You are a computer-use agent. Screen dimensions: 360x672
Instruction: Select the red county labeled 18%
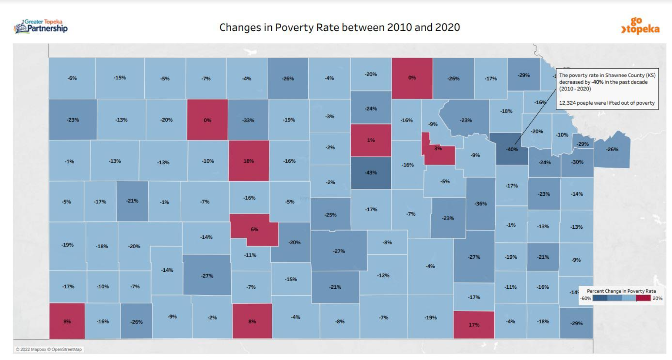249,161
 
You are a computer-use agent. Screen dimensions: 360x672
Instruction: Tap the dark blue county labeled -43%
371,173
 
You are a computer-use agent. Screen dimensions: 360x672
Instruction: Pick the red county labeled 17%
474,325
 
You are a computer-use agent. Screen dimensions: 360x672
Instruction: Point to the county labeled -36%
481,204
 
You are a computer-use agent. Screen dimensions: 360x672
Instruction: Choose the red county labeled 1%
371,140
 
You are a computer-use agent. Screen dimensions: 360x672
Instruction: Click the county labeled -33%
248,120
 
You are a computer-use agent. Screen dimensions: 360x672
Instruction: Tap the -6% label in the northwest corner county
72,78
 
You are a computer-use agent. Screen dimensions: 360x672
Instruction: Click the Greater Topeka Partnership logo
41,27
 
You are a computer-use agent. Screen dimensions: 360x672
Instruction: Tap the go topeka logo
640,26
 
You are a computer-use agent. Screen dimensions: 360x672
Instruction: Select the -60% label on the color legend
585,298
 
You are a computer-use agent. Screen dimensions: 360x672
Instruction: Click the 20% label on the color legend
657,298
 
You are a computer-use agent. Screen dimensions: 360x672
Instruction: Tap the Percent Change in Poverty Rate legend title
621,291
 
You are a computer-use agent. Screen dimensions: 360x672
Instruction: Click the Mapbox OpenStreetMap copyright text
49,349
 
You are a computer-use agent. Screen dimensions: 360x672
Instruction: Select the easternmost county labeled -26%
612,149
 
